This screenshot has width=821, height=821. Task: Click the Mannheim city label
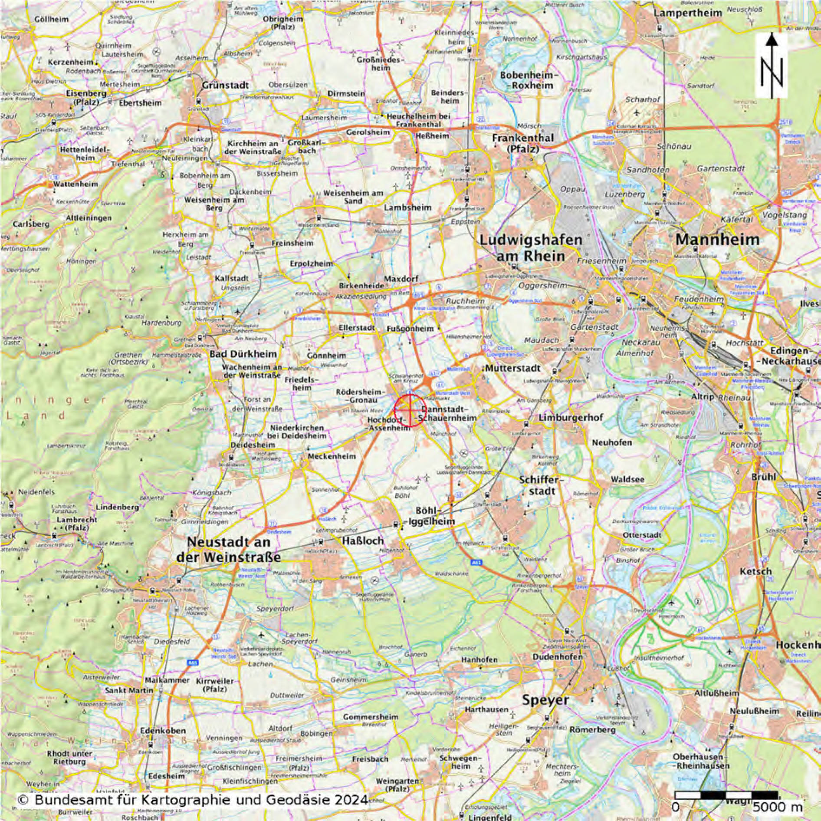point(717,240)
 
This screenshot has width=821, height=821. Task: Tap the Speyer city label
point(545,700)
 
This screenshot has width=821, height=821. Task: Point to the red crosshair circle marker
point(410,410)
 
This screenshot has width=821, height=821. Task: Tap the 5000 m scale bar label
point(777,807)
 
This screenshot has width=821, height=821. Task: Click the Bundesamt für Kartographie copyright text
point(193,800)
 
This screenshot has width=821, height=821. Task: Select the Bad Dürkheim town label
point(243,354)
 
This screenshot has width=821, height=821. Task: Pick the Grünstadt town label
point(225,86)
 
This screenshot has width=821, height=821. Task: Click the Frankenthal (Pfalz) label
point(522,143)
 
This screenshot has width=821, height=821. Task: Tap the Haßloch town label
point(363,541)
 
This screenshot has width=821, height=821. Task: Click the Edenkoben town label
point(163,731)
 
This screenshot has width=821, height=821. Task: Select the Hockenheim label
point(798,645)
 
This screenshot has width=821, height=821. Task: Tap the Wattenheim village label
point(76,184)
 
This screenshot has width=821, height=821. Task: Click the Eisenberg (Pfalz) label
point(86,98)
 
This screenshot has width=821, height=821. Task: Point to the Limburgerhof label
point(571,418)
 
